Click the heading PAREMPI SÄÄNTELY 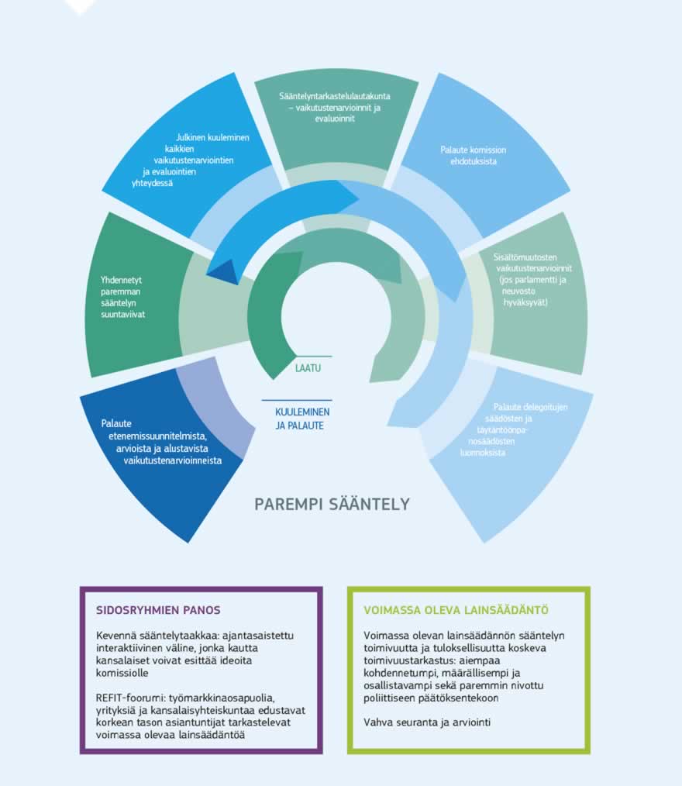pyautogui.click(x=332, y=505)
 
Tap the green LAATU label pyautogui.click(x=308, y=368)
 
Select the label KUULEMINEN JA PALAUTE pyautogui.click(x=299, y=419)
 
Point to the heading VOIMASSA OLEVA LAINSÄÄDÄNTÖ pyautogui.click(x=456, y=610)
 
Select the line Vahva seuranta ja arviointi pyautogui.click(x=427, y=723)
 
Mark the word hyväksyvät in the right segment pyautogui.click(x=525, y=302)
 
